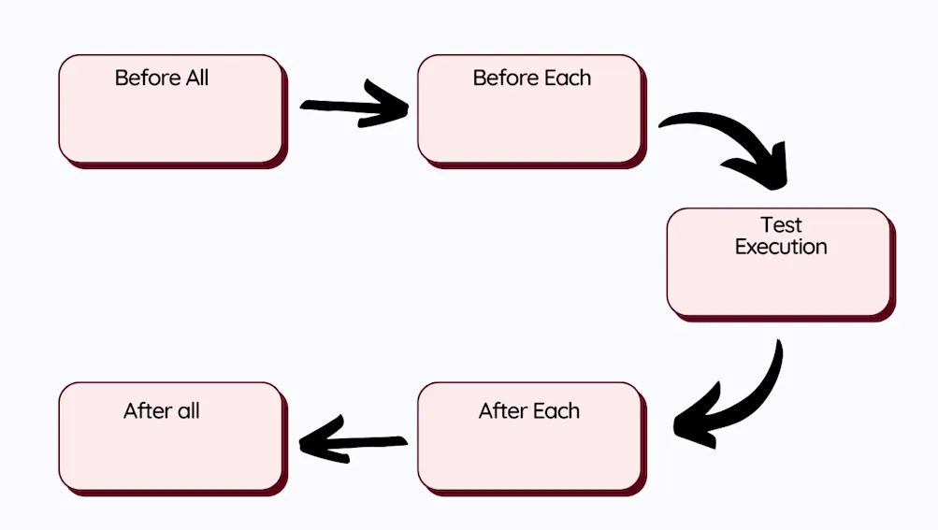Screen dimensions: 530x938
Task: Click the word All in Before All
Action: pyautogui.click(x=197, y=78)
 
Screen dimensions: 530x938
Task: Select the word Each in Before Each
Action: pyautogui.click(x=569, y=78)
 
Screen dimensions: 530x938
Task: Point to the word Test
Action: pyautogui.click(x=781, y=225)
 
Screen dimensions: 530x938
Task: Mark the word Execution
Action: pyautogui.click(x=781, y=248)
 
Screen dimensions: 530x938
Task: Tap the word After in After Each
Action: pyautogui.click(x=502, y=411)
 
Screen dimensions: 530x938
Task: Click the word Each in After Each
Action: pyautogui.click(x=556, y=411)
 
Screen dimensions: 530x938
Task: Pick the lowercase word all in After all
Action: pyautogui.click(x=188, y=411)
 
